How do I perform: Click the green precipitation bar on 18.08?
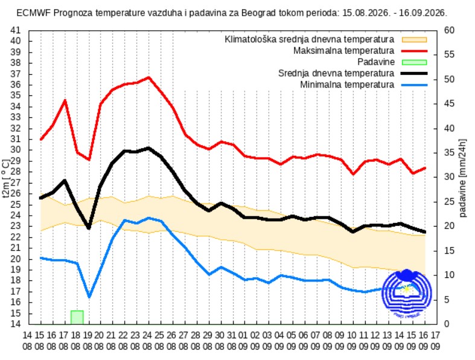[x=77, y=317]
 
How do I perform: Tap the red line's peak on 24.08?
[x=148, y=78]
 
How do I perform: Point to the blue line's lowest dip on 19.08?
[x=89, y=297]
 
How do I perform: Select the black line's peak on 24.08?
[x=148, y=148]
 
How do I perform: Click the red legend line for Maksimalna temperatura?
[x=414, y=51]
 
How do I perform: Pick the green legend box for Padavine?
[x=414, y=62]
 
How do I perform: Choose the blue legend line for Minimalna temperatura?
[x=414, y=85]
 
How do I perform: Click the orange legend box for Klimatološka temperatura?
[x=414, y=39]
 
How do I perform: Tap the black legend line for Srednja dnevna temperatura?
[x=414, y=74]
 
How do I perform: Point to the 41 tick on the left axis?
[x=16, y=30]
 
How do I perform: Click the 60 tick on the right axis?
[x=449, y=30]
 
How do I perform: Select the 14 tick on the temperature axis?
[x=16, y=324]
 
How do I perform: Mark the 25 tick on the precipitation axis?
[x=449, y=202]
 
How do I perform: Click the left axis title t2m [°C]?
[x=6, y=179]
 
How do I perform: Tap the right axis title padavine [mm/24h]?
[x=462, y=178]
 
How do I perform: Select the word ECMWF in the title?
[x=34, y=13]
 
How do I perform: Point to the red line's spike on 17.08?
[x=65, y=100]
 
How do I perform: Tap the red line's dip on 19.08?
[x=89, y=159]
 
